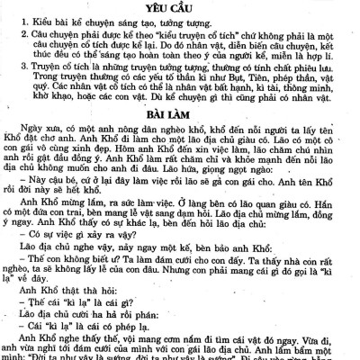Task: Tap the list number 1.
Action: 11,20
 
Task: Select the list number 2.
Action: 11,35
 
